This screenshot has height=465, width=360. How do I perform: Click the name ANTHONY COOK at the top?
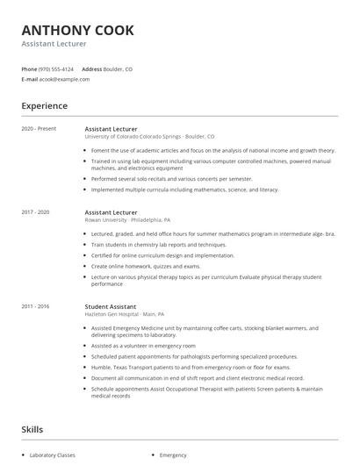78,31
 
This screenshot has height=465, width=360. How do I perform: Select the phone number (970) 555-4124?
57,68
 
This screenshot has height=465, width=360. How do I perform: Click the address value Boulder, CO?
119,68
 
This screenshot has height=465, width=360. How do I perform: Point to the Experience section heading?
45,106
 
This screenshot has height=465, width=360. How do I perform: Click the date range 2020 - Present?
39,129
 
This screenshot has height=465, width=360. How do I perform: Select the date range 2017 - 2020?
36,212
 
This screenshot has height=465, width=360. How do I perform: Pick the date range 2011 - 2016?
36,307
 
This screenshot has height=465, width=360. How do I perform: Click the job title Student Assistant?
111,307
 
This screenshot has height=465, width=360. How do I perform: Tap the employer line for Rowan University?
127,219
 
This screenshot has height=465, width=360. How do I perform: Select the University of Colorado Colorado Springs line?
149,136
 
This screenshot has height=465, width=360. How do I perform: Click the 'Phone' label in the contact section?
29,68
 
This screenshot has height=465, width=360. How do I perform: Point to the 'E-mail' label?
29,79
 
